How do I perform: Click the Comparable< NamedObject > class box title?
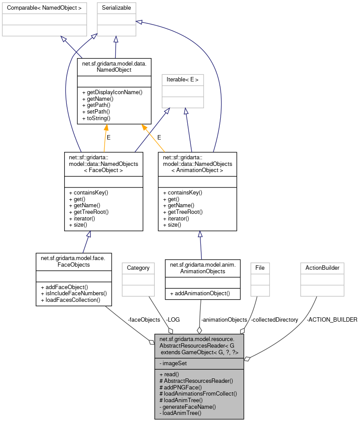44,8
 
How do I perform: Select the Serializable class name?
116,8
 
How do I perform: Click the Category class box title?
138,268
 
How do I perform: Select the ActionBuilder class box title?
322,268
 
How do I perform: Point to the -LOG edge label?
173,319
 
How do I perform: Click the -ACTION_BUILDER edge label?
331,319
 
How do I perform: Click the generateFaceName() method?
188,407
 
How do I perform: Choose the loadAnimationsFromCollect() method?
199,393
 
